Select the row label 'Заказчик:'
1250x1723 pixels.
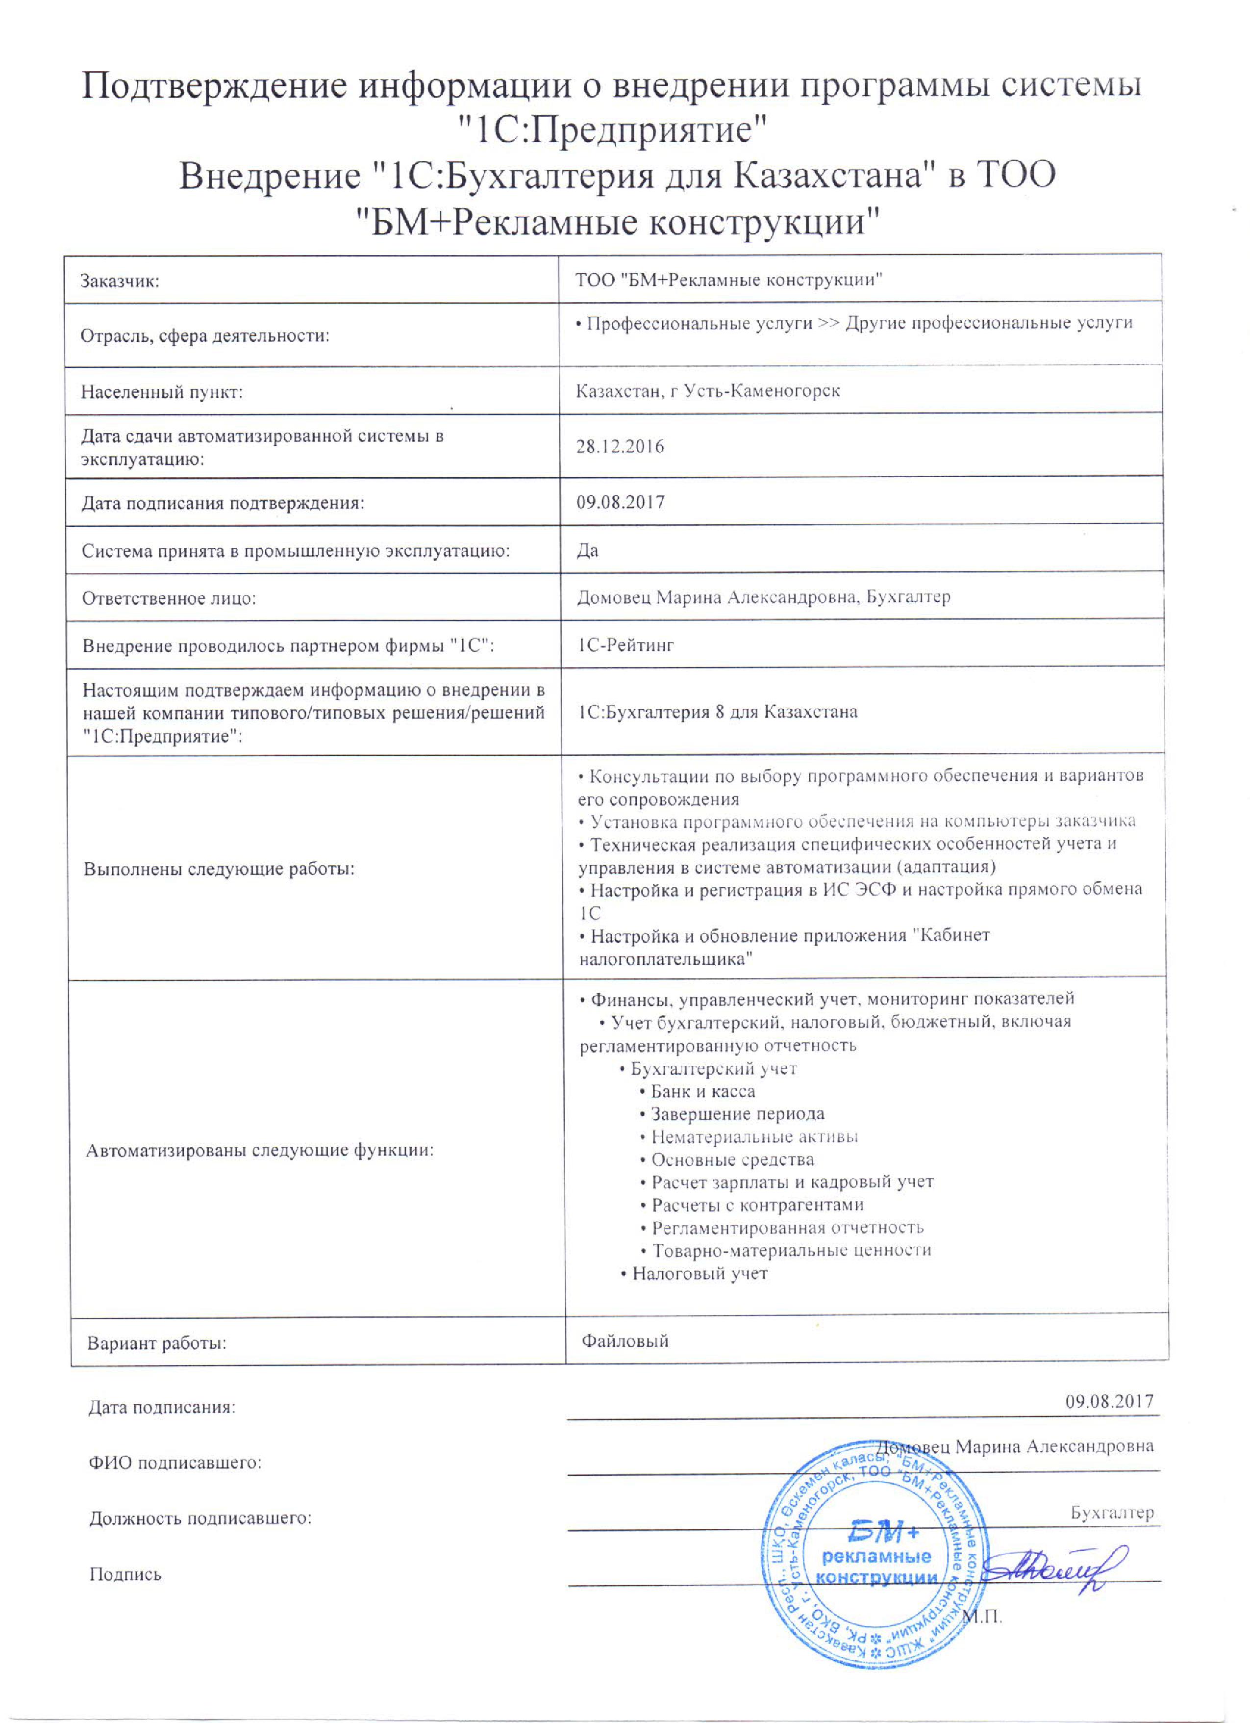(x=120, y=282)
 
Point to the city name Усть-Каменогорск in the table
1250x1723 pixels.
(x=762, y=391)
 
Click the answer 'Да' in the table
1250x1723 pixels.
(x=587, y=550)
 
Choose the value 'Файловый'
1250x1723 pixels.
(x=625, y=1341)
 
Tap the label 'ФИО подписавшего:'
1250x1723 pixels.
(x=175, y=1463)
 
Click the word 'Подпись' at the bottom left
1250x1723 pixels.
(x=125, y=1574)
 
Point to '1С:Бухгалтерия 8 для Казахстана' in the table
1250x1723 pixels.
(x=718, y=712)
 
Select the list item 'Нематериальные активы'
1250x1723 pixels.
(x=754, y=1137)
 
